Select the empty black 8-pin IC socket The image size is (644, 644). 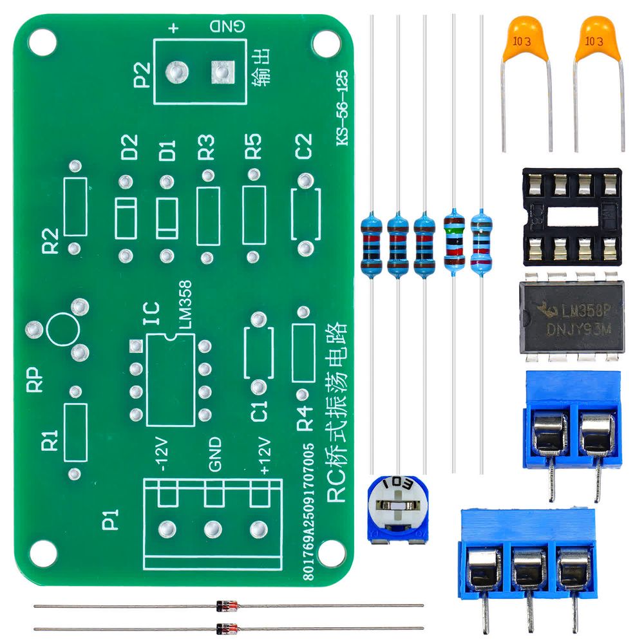coord(571,216)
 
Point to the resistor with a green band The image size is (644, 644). coord(455,241)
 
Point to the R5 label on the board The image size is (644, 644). coord(253,147)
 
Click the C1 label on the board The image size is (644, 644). coord(259,411)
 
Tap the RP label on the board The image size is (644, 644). coord(34,380)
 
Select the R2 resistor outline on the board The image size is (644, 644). coord(75,207)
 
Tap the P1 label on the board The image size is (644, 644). coord(111,520)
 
